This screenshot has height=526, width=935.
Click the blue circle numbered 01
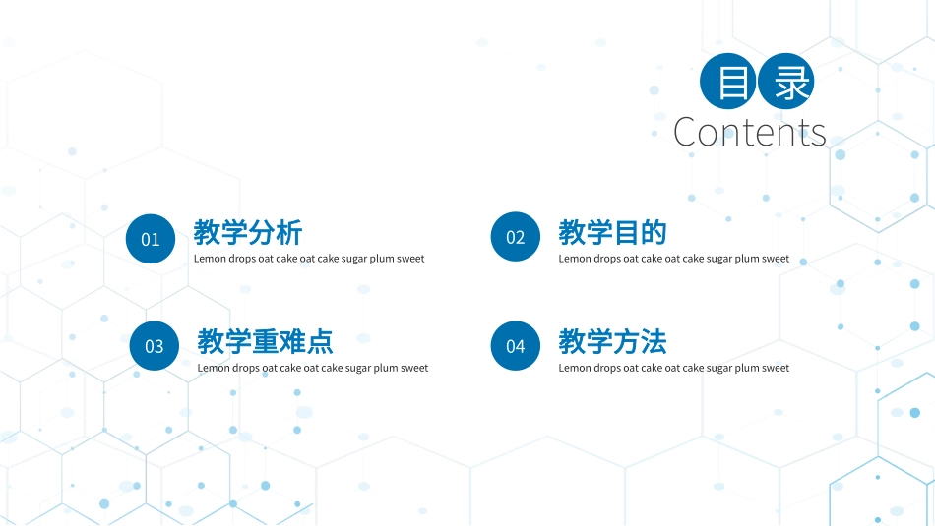point(151,238)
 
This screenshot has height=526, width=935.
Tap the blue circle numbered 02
point(516,237)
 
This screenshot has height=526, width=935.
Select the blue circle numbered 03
point(155,346)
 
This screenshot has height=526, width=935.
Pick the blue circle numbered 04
point(516,346)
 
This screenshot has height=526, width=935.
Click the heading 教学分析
point(248,233)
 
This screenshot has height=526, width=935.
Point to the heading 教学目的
point(612,233)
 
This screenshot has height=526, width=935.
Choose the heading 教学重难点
point(265,342)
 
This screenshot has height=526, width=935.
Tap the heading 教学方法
point(612,342)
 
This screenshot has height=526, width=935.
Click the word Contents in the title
point(750,132)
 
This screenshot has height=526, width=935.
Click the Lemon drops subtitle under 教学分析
point(309,260)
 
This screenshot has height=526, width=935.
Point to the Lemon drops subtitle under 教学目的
point(673,260)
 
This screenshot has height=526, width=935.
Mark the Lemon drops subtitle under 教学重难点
point(313,369)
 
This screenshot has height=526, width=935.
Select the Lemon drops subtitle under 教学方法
point(673,369)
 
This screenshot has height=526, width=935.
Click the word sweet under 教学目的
point(776,260)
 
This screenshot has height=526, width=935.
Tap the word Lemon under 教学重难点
point(214,369)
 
